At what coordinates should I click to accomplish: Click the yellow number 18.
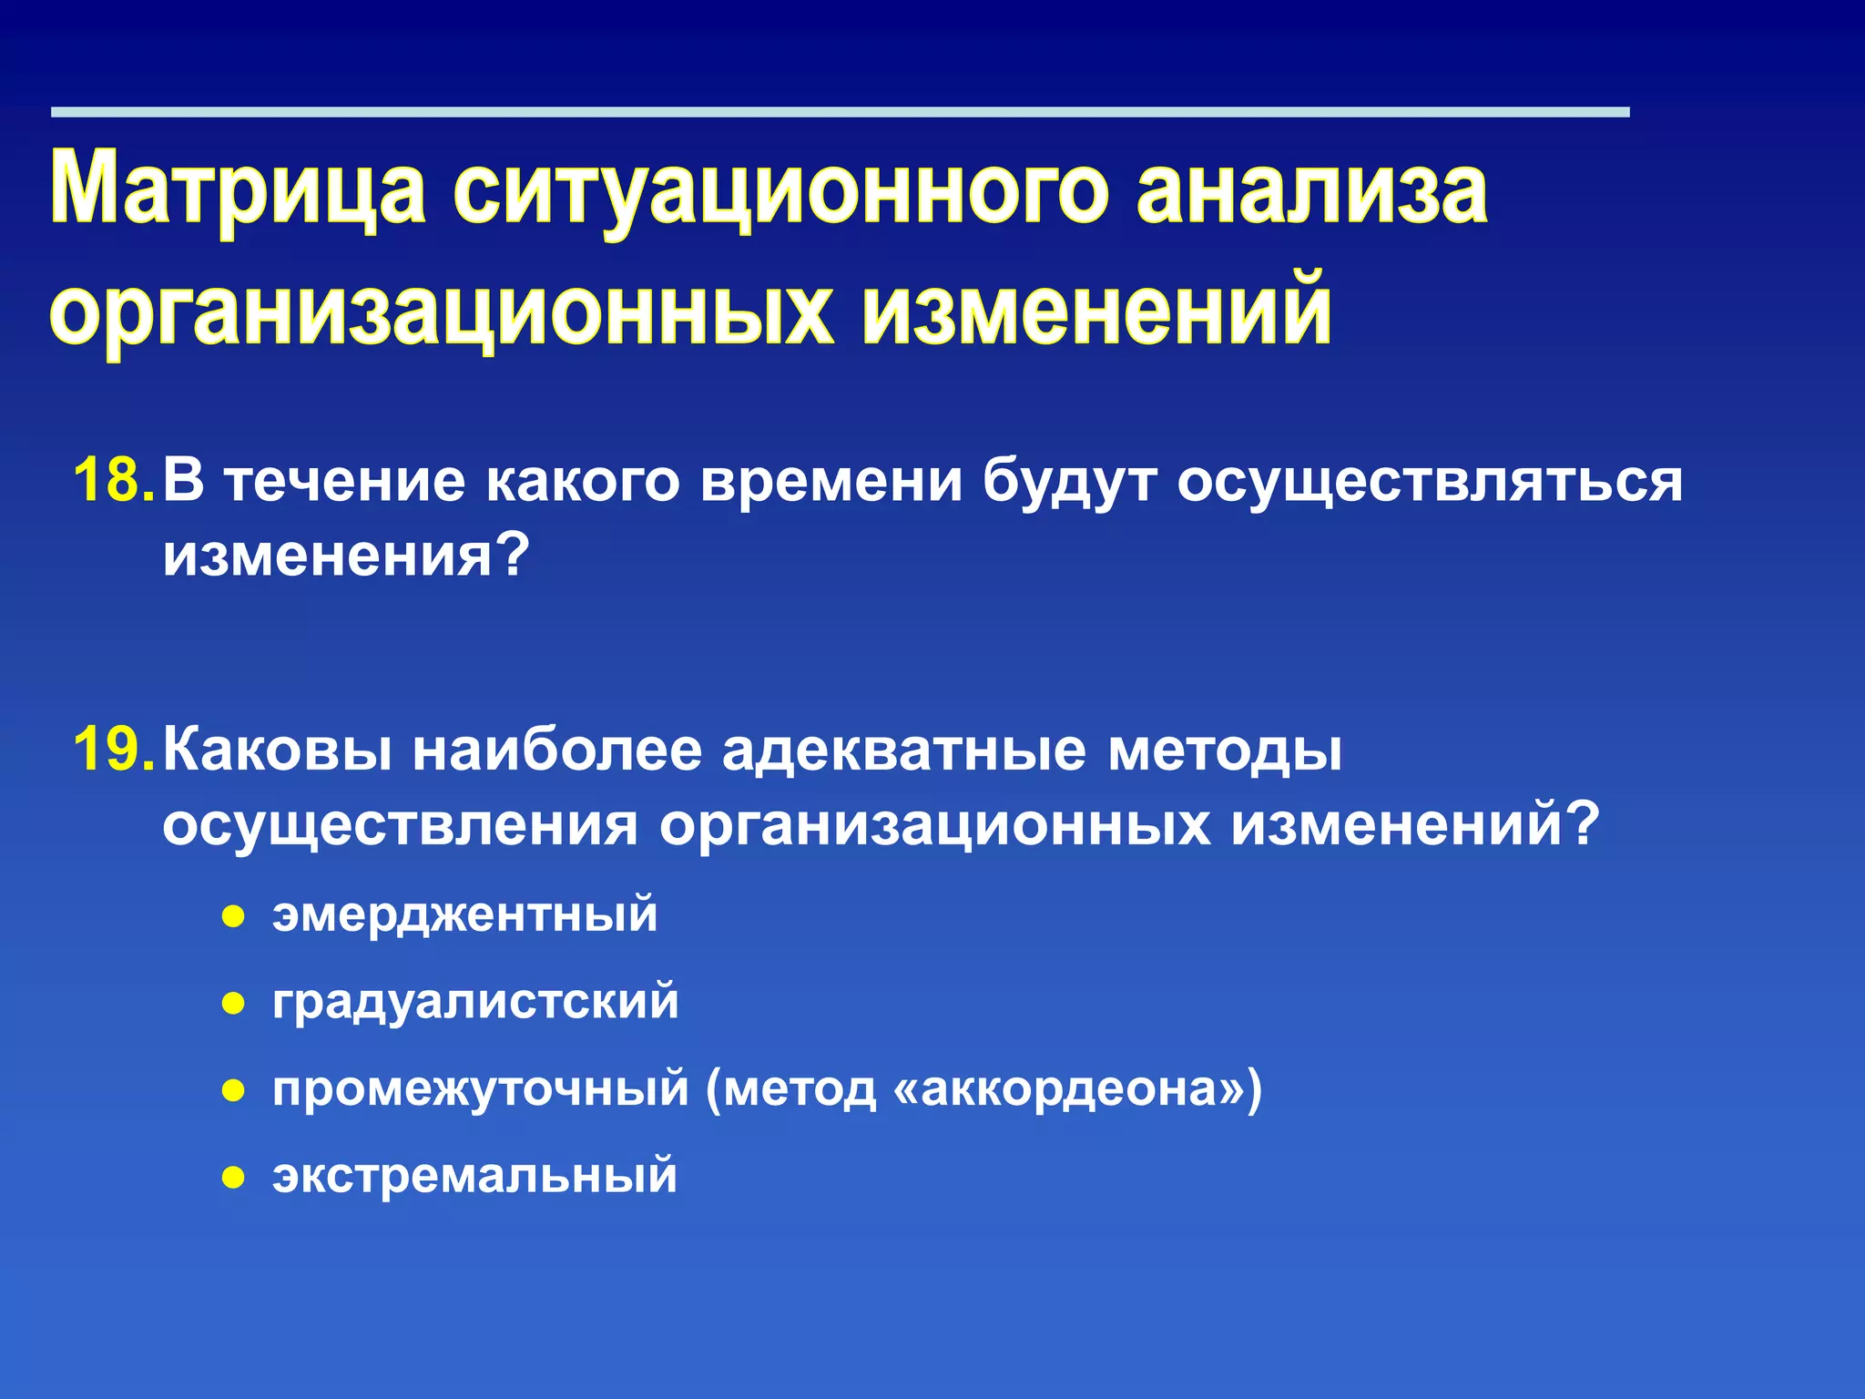coord(113,480)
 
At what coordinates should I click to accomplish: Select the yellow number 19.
coord(113,751)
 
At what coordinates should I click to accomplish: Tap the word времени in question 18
coord(831,480)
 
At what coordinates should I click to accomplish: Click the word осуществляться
coord(1430,480)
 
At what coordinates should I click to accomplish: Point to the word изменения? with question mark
coord(346,555)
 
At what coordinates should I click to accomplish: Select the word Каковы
coord(278,751)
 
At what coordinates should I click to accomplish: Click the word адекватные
coord(904,751)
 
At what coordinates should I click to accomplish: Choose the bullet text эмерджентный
coord(464,914)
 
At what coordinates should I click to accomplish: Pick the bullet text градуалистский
coord(475,1002)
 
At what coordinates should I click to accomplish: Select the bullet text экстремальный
coord(474,1175)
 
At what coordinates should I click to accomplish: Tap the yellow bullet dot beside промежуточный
coord(234,1090)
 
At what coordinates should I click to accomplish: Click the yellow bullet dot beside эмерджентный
coord(234,916)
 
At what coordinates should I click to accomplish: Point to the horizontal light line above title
coord(840,112)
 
